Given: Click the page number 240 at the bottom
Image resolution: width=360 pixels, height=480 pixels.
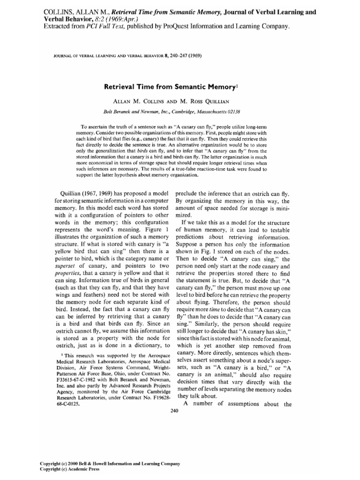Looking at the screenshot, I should (175, 411).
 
